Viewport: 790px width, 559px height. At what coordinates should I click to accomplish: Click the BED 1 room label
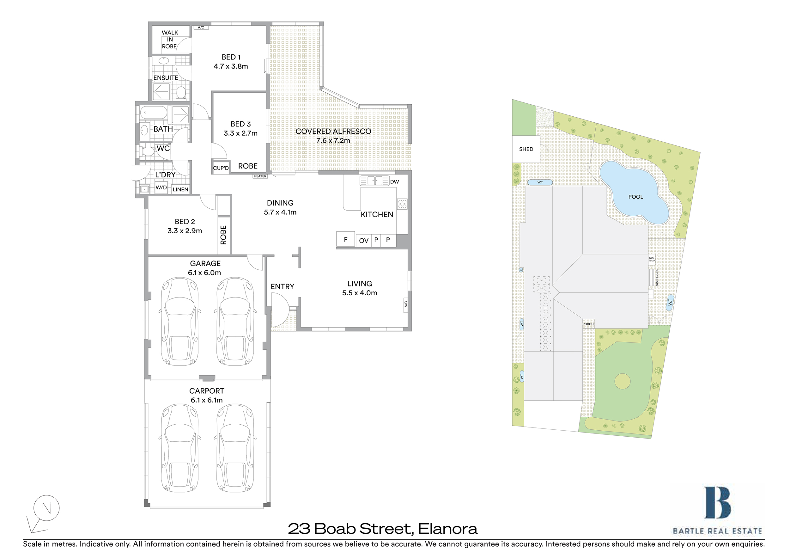tap(231, 57)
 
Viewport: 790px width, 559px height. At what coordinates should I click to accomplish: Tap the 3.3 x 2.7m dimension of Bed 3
tap(240, 133)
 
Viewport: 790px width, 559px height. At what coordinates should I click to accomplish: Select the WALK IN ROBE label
tap(170, 40)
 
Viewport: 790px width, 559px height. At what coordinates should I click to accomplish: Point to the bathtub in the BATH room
tap(154, 113)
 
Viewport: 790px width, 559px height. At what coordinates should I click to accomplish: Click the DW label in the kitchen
tap(395, 182)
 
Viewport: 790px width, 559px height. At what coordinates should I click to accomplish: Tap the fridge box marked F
tap(345, 239)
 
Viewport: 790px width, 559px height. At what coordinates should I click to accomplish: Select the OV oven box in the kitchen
tap(364, 241)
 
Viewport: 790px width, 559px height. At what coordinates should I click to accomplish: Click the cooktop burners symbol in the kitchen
tap(402, 204)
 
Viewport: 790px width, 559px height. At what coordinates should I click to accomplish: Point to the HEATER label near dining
tap(260, 176)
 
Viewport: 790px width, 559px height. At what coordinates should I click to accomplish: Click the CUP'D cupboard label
tap(221, 168)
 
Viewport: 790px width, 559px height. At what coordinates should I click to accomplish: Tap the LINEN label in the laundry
tap(180, 190)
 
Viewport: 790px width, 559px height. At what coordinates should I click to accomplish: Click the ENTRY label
tap(282, 287)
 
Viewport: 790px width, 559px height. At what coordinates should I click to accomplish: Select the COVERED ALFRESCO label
tap(333, 132)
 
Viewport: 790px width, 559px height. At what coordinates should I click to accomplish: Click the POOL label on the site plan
tap(635, 197)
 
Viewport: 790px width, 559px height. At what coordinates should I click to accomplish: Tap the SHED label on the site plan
tap(526, 149)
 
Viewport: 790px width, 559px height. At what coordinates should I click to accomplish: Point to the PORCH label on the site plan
tap(588, 324)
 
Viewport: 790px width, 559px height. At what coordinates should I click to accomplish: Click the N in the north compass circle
tap(46, 508)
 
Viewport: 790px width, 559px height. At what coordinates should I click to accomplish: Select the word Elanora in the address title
tap(448, 529)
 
